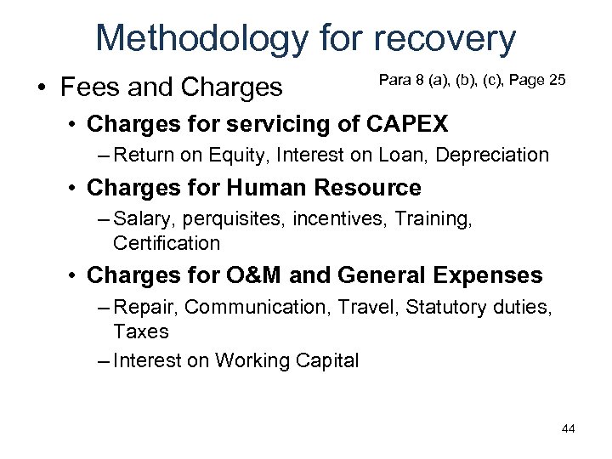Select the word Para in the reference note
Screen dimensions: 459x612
pyautogui.click(x=393, y=80)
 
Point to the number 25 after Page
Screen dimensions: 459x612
pyautogui.click(x=558, y=80)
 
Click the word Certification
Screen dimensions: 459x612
pyautogui.click(x=167, y=243)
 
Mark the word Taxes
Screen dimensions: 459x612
pyautogui.click(x=141, y=331)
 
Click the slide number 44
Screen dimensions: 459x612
pyautogui.click(x=568, y=428)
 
